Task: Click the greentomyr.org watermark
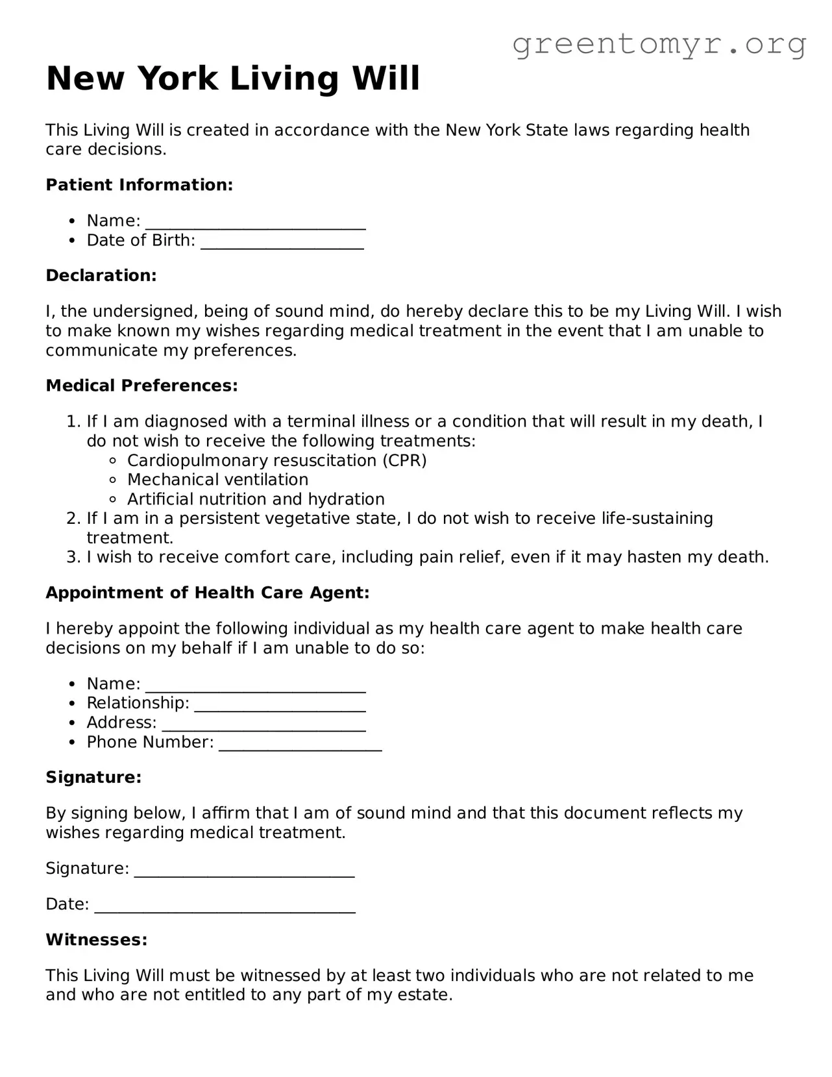click(659, 44)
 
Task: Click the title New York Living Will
click(233, 79)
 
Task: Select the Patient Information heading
click(139, 185)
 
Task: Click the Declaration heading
click(101, 276)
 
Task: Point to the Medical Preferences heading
click(141, 386)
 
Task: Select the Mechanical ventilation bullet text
click(217, 480)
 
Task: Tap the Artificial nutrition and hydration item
click(256, 500)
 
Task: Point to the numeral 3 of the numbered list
click(72, 558)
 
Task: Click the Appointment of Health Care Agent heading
click(207, 593)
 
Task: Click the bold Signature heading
click(93, 778)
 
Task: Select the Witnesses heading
click(97, 940)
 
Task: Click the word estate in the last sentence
click(423, 995)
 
